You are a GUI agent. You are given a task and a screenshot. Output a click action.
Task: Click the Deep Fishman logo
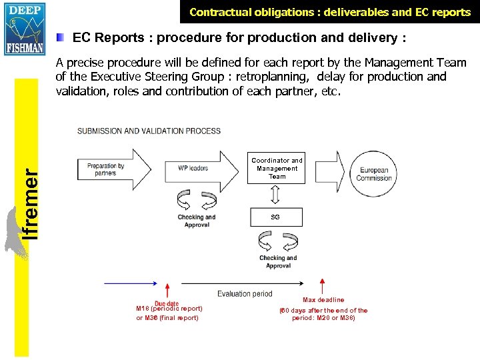pos(24,27)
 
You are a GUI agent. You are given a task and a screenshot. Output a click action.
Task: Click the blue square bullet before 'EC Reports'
pos(61,38)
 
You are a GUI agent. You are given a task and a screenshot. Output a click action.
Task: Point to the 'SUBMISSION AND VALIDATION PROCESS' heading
pos(149,131)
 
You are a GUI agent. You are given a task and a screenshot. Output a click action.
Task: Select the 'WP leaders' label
pos(193,168)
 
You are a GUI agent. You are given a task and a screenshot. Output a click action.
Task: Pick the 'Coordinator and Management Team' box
pos(277,169)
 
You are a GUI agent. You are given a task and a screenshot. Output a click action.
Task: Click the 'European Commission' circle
pos(374,174)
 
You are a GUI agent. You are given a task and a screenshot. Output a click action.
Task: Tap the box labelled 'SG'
pos(276,217)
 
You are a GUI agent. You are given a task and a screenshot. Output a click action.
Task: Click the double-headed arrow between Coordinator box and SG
pos(276,195)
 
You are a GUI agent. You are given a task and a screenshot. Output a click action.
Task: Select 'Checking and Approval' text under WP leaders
pos(196,221)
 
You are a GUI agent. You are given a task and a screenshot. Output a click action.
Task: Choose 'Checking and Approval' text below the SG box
pos(278,261)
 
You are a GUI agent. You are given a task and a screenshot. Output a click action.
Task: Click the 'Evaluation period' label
pos(245,293)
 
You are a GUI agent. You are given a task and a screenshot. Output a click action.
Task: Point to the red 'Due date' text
pos(167,304)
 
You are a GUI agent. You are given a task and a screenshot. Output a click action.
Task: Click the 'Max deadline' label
pos(323,300)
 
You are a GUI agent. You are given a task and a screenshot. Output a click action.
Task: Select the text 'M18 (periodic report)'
pos(169,309)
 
